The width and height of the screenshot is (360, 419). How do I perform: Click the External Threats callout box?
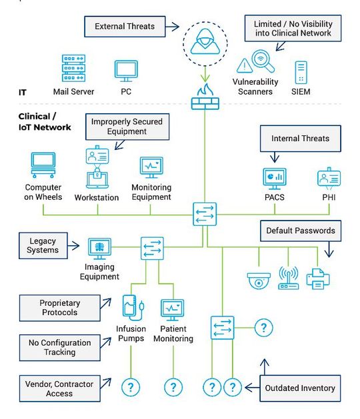125,27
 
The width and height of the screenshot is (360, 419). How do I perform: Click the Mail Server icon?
73,69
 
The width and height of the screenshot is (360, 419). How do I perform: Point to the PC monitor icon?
125,70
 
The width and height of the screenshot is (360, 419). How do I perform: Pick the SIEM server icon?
302,71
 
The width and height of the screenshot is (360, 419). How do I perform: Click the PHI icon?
328,179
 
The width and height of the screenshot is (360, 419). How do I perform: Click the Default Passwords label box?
300,230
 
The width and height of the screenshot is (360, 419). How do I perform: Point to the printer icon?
318,278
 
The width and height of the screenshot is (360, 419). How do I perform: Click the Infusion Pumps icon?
131,307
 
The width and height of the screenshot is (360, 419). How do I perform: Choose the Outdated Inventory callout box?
300,388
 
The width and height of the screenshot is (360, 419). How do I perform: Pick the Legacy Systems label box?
43,244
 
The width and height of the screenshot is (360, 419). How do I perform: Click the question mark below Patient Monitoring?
173,387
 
